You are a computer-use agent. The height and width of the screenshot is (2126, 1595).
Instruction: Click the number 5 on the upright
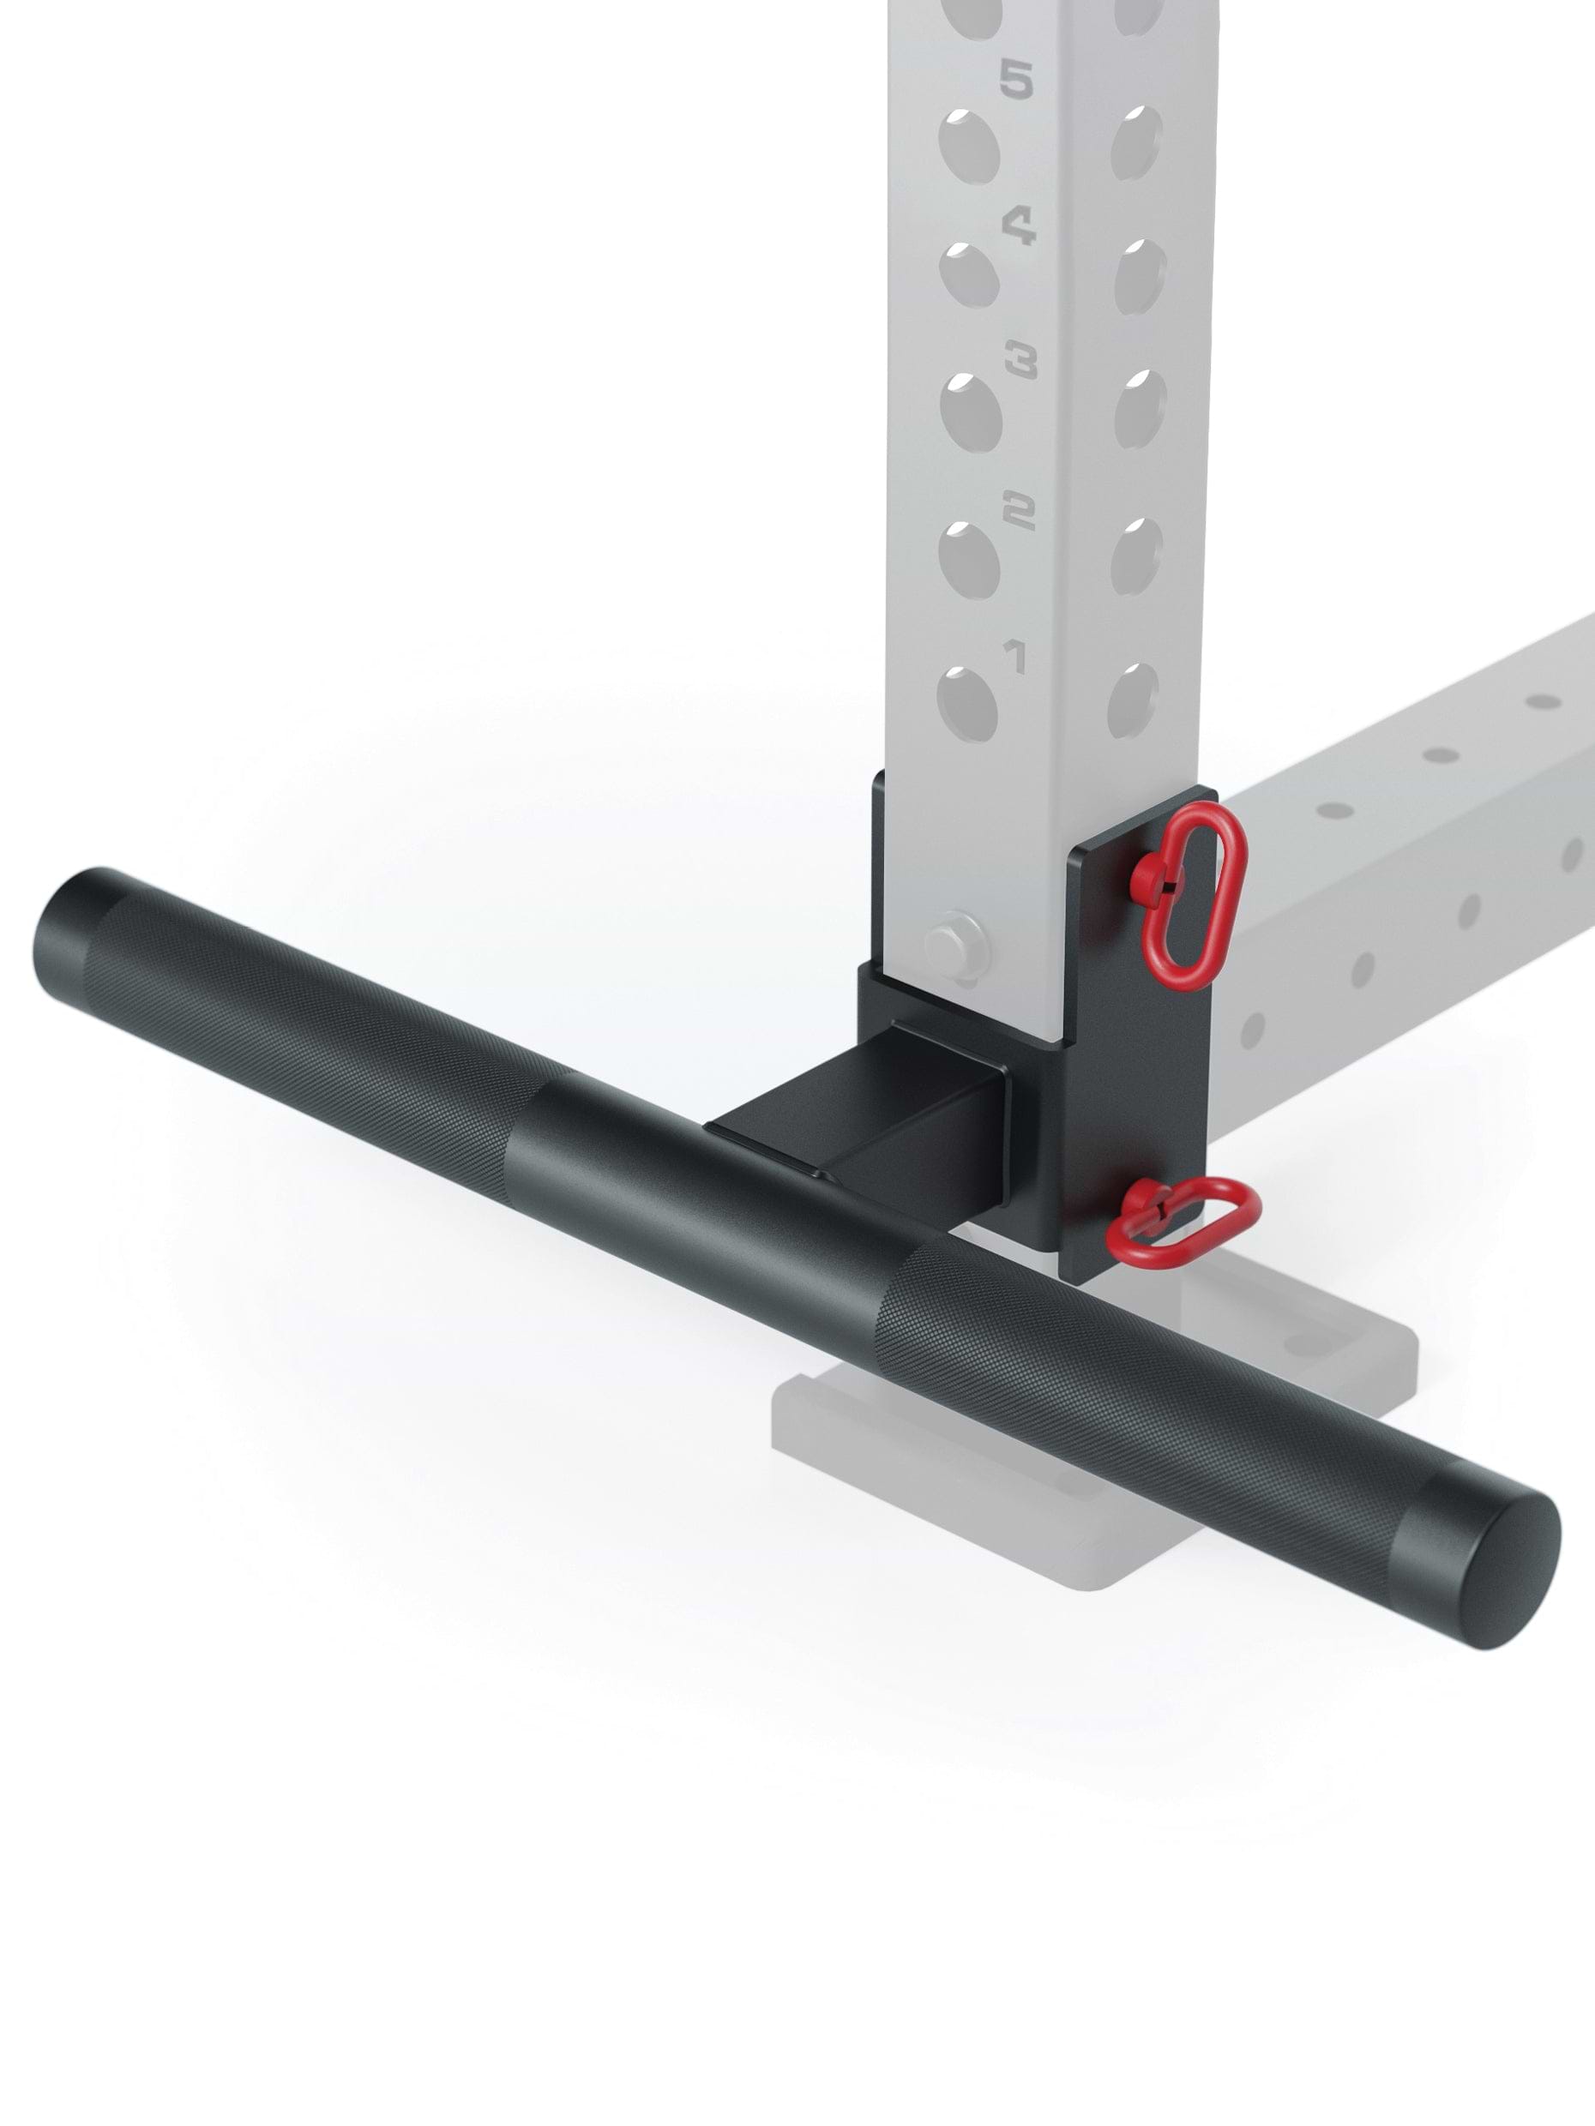(1016, 79)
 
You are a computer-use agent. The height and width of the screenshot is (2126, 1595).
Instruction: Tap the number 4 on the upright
(1019, 227)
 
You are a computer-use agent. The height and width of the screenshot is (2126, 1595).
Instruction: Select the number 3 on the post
(1020, 363)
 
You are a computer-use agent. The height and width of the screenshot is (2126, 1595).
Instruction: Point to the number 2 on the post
(1018, 510)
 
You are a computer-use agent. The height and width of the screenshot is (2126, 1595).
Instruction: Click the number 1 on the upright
(1014, 658)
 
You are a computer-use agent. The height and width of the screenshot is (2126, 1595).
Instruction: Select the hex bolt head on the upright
(954, 946)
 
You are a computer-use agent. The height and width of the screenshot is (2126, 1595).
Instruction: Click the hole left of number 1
(968, 706)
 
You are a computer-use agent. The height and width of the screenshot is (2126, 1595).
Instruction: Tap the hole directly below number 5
(971, 144)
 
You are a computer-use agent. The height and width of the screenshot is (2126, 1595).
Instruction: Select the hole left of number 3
(971, 411)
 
